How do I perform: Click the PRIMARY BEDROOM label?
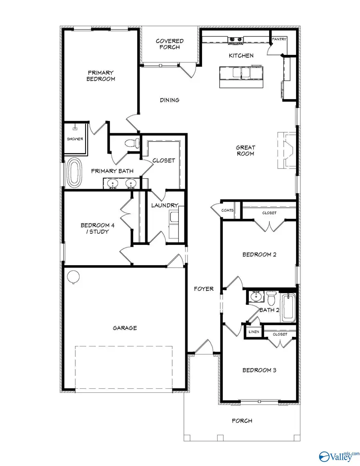(101, 76)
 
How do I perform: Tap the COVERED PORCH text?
(170, 44)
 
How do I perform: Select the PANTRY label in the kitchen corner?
(279, 39)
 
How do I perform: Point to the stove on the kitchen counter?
(236, 39)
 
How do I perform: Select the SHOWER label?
(75, 139)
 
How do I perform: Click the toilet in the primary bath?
(132, 143)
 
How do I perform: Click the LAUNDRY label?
(164, 205)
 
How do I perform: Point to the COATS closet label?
(227, 210)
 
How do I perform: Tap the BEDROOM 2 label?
(259, 254)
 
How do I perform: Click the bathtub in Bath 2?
(288, 308)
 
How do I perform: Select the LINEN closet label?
(254, 332)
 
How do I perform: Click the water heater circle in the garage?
(73, 276)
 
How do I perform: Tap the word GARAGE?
(124, 328)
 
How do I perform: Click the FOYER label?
(204, 289)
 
